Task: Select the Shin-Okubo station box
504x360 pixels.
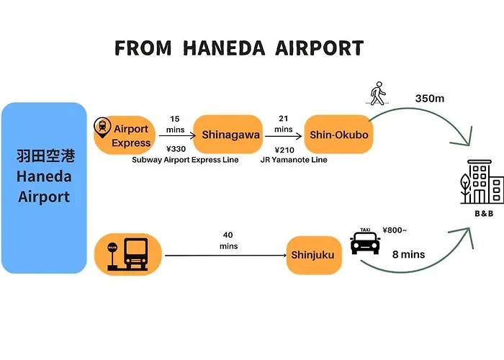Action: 339,135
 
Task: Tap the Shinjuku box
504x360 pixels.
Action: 314,255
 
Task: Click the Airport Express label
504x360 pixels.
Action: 131,135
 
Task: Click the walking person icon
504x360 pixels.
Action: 378,93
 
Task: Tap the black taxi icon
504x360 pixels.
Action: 365,241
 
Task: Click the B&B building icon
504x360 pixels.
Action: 482,182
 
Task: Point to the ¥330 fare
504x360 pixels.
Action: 176,149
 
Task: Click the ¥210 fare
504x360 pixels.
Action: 284,150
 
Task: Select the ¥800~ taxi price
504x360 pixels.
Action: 395,230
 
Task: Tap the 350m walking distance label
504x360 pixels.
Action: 430,99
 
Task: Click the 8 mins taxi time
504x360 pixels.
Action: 408,255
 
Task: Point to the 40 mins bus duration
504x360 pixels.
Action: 228,240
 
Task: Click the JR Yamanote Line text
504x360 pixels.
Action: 294,160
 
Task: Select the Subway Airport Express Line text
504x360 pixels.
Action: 185,160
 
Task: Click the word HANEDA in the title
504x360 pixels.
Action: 224,48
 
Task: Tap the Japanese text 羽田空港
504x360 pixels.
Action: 45,156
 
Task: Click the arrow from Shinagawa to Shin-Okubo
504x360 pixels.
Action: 283,136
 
